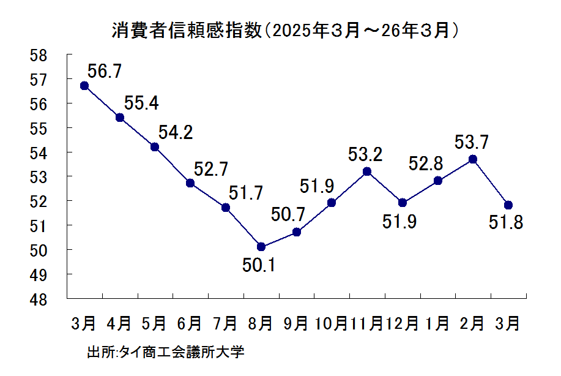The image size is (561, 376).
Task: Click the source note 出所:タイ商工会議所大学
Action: click(166, 354)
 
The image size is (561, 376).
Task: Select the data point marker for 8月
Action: click(261, 247)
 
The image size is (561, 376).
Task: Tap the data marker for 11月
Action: click(367, 171)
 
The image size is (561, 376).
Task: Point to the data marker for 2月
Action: click(473, 159)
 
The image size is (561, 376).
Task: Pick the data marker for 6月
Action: click(190, 183)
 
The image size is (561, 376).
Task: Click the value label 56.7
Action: click(105, 71)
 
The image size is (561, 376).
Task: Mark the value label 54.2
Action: click(176, 132)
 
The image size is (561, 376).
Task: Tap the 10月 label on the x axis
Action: click(331, 323)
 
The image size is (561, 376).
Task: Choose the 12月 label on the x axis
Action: click(402, 323)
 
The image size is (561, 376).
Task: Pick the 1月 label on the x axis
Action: click(437, 323)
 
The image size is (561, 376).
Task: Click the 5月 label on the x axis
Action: click(155, 323)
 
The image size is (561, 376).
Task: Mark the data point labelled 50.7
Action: click(297, 232)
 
